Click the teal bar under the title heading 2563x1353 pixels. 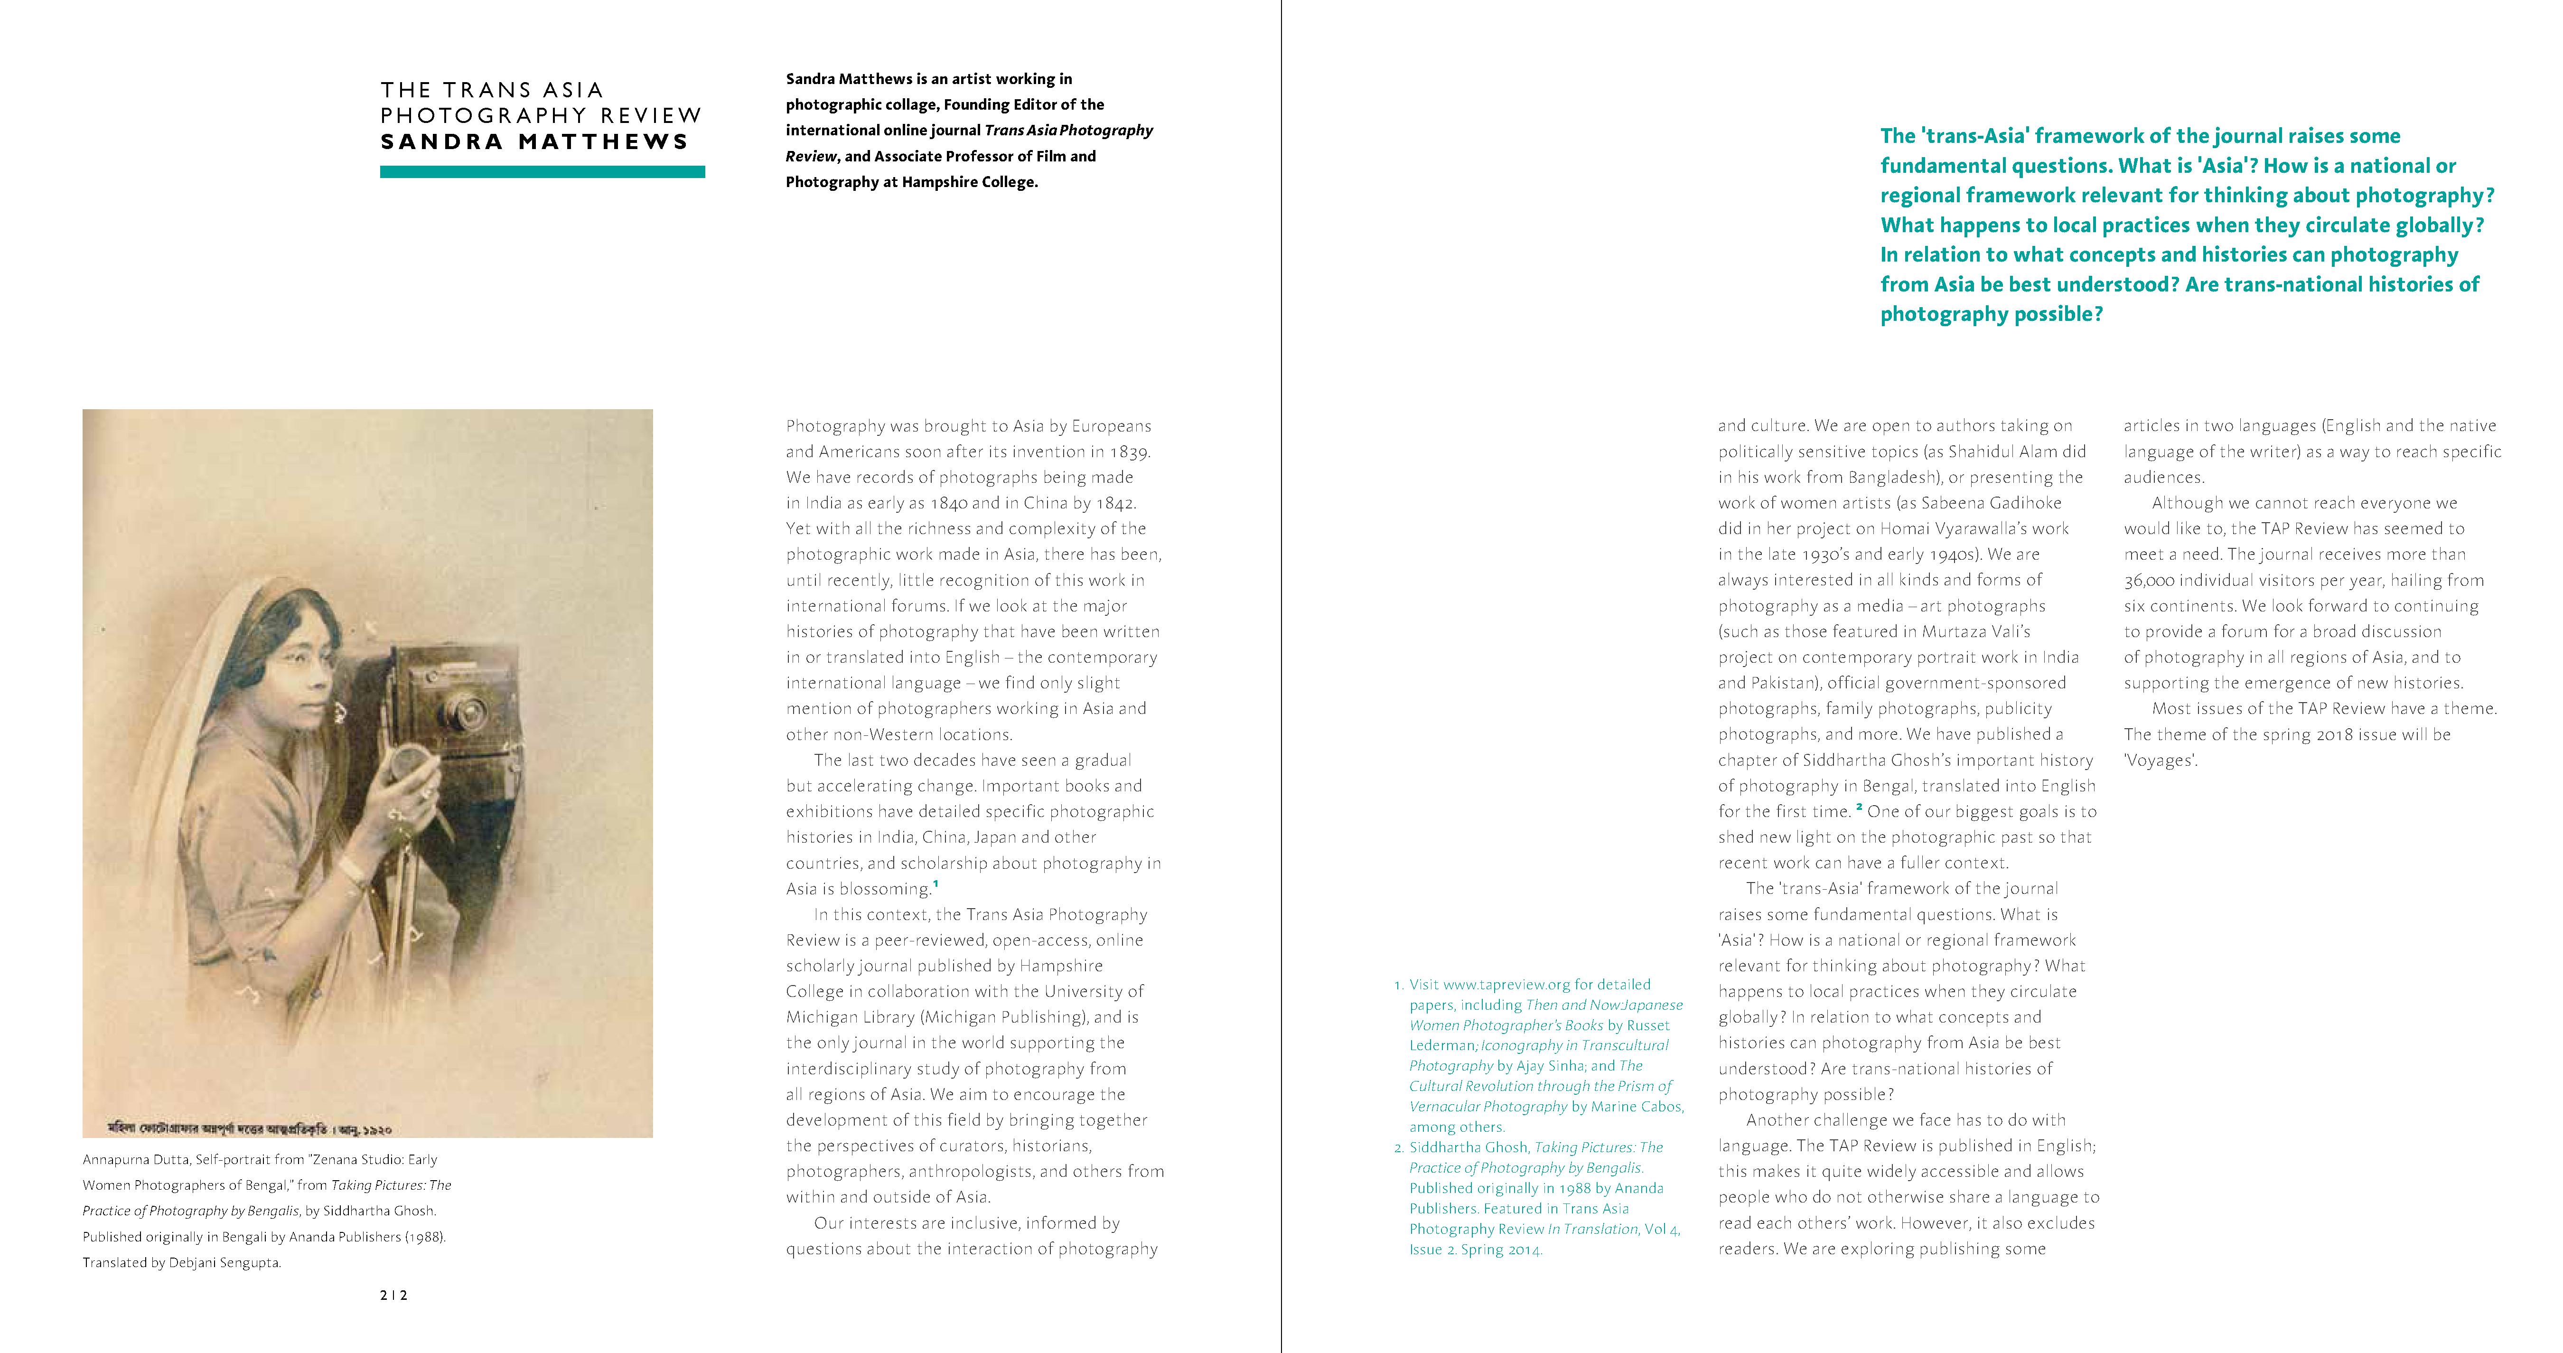[542, 172]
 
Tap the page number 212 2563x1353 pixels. [394, 1295]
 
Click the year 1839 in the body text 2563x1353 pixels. [1130, 451]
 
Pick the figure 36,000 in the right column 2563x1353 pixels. [2157, 580]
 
